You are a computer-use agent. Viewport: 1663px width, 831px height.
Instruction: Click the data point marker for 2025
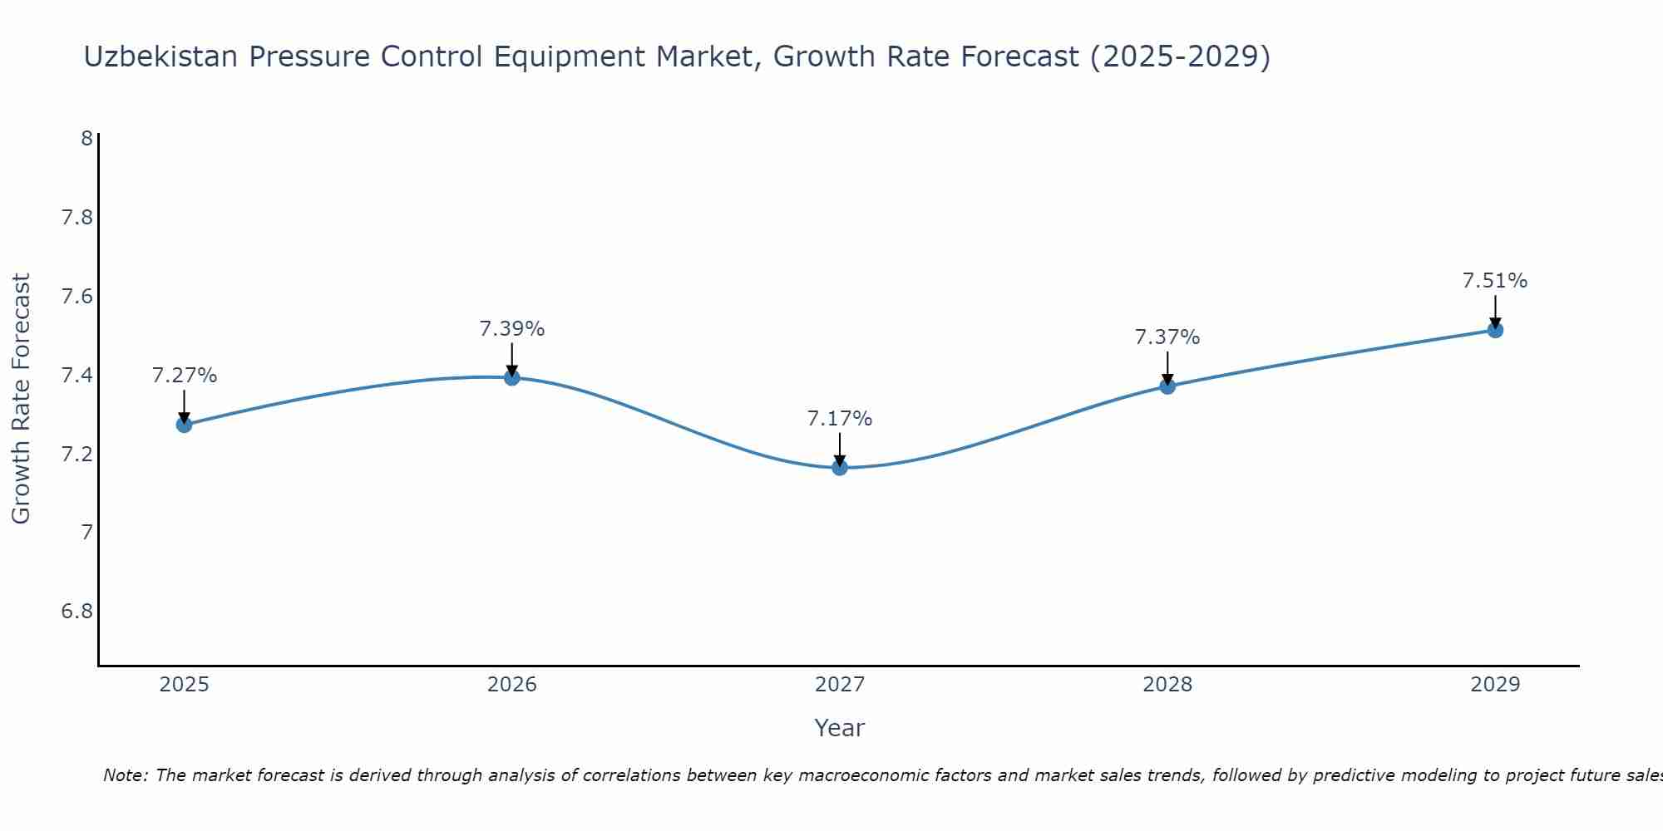click(x=184, y=425)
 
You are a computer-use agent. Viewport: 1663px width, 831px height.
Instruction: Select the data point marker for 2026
click(x=512, y=377)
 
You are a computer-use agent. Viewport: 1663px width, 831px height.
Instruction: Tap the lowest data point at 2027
click(x=840, y=468)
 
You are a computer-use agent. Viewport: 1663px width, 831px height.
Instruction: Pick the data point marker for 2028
click(x=1167, y=386)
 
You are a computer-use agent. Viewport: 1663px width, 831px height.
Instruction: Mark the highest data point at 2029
click(x=1495, y=330)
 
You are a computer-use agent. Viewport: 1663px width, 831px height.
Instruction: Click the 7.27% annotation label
click(x=184, y=376)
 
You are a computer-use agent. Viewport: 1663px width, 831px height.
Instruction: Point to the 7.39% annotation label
click(x=512, y=329)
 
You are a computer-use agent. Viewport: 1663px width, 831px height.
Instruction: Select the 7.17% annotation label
click(x=840, y=419)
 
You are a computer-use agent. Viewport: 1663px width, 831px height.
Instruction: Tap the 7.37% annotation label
click(x=1167, y=337)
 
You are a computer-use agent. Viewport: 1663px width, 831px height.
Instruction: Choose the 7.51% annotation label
click(x=1495, y=281)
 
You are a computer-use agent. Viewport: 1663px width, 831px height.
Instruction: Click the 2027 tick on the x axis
click(x=840, y=685)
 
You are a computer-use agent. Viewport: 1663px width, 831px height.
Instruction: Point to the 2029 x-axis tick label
click(x=1495, y=685)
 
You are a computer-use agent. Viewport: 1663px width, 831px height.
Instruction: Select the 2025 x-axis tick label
click(x=184, y=685)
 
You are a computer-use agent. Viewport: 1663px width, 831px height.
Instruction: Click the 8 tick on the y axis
click(x=86, y=139)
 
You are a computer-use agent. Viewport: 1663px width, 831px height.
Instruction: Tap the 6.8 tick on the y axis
click(x=76, y=612)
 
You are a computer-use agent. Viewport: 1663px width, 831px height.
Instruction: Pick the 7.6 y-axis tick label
click(x=76, y=297)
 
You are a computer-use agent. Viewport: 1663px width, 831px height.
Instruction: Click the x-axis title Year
click(x=840, y=728)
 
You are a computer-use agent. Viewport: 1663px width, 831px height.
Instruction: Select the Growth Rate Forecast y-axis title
click(x=22, y=399)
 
